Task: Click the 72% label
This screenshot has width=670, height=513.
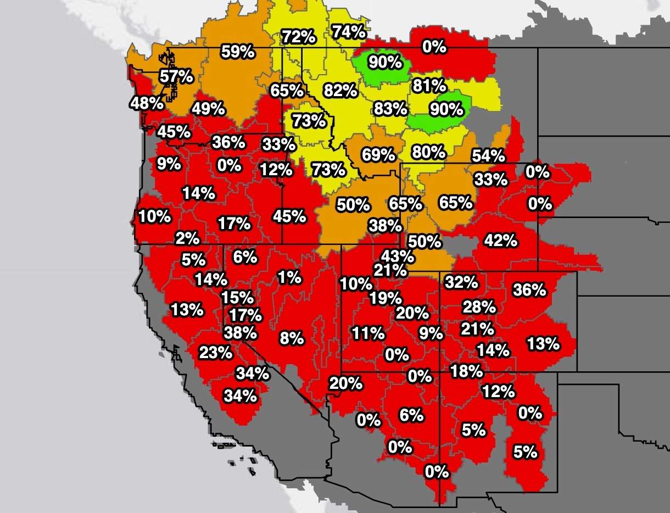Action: [299, 37]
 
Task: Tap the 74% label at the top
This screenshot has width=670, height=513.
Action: [349, 32]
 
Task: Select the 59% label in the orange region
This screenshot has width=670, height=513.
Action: [238, 52]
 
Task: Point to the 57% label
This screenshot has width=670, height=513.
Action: [176, 76]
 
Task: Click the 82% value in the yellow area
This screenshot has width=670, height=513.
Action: [340, 90]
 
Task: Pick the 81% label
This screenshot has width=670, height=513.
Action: [429, 86]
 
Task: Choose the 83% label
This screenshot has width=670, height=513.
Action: [390, 108]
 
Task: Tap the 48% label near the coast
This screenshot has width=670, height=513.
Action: [147, 103]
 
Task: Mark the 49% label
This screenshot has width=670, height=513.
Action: [208, 109]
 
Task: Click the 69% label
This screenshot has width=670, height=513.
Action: [378, 155]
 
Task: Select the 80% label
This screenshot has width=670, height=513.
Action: [428, 151]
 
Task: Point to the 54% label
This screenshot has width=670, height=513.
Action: [488, 155]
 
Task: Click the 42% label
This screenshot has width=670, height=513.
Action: [500, 240]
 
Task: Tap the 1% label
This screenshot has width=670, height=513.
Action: [289, 277]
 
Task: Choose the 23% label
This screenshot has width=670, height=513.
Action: [216, 352]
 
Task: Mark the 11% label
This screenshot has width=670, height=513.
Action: [368, 333]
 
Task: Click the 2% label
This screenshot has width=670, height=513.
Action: [187, 238]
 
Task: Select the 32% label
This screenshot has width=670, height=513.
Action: [461, 282]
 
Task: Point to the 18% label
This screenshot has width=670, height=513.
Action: [466, 371]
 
